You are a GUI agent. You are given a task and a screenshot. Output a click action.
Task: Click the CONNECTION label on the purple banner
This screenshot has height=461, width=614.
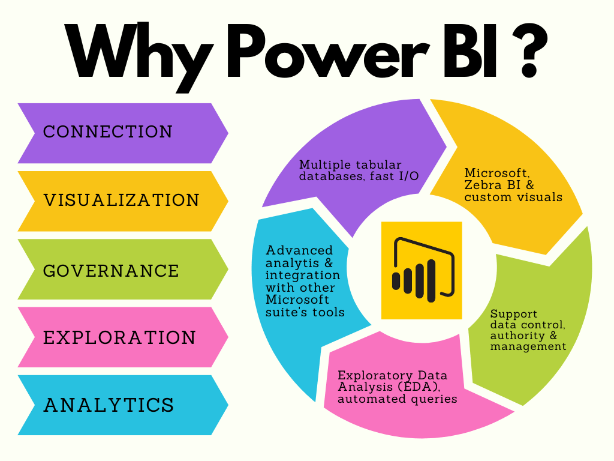click(x=108, y=132)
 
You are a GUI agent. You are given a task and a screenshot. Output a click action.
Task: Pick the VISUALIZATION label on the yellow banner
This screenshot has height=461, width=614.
click(x=122, y=200)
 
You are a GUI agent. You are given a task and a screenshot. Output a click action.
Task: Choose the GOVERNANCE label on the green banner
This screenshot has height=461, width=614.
click(x=111, y=271)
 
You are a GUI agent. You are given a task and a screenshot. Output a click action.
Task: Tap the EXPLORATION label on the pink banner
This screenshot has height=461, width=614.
click(x=119, y=338)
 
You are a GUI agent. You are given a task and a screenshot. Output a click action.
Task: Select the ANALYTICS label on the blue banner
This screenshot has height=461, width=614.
click(x=109, y=405)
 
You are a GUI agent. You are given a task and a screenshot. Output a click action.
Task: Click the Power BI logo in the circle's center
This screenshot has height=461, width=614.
click(x=422, y=270)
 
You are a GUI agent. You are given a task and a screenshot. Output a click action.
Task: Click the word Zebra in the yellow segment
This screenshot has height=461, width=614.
click(x=483, y=185)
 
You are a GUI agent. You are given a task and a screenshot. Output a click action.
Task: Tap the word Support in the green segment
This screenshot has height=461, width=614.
click(x=514, y=314)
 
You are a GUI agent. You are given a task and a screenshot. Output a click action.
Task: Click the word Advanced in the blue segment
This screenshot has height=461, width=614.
click(x=299, y=250)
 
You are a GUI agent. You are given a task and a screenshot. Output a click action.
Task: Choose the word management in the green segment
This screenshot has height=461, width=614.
click(x=528, y=346)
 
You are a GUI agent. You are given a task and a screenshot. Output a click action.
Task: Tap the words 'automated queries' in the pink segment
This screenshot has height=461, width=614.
click(x=398, y=399)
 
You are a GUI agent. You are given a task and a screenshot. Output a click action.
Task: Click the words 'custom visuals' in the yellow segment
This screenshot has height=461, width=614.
click(x=513, y=197)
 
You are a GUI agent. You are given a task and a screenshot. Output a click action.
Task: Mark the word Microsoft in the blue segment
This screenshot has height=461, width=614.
click(x=297, y=300)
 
